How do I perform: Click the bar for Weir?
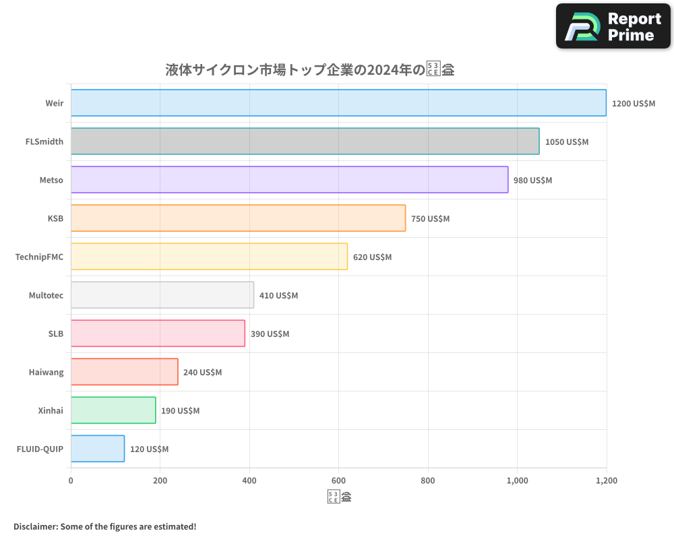click(x=338, y=103)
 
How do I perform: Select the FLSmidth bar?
click(x=305, y=141)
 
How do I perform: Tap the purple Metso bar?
click(x=289, y=180)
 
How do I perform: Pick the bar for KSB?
click(x=238, y=218)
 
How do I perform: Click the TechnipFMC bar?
click(x=209, y=257)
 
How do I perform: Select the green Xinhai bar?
click(x=113, y=410)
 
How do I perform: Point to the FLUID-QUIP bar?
click(x=98, y=449)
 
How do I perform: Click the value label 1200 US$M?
click(x=633, y=104)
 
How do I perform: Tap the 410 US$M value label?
click(x=278, y=296)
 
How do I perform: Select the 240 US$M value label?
click(x=202, y=373)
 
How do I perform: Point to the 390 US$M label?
click(x=270, y=334)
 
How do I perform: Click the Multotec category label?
click(x=46, y=296)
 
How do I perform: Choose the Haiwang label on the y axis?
click(x=46, y=373)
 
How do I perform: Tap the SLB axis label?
click(x=55, y=334)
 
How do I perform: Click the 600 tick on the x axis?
click(x=338, y=481)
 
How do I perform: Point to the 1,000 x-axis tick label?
click(x=517, y=481)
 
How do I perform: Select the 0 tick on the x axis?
click(x=71, y=481)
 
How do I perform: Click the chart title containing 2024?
click(x=309, y=70)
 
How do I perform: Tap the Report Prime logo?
click(x=613, y=26)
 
